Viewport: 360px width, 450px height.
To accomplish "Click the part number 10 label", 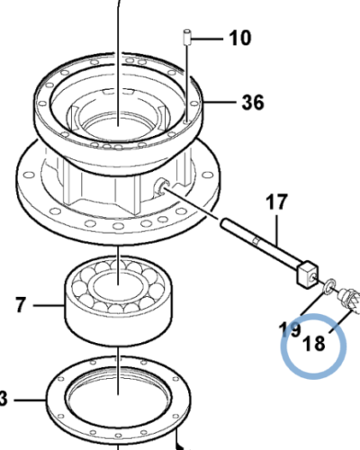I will click(239, 38).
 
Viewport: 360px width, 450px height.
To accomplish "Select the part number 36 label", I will click(253, 103).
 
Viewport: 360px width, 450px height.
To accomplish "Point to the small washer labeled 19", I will click(331, 286).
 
